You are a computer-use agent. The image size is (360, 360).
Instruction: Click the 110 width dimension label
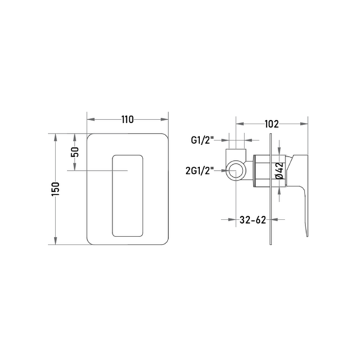click(x=128, y=120)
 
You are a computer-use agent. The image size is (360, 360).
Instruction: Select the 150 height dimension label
click(x=55, y=188)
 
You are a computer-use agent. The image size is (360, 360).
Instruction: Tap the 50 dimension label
click(x=75, y=152)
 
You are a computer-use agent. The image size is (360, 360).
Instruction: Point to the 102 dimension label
click(x=272, y=124)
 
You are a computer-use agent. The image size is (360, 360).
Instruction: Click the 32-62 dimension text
click(x=253, y=220)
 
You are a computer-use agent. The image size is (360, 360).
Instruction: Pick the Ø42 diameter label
click(x=280, y=171)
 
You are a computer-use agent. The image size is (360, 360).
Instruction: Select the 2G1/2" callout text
click(x=199, y=171)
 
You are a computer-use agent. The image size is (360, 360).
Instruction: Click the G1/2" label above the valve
click(x=202, y=140)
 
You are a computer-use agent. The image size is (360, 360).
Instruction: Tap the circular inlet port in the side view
click(x=236, y=171)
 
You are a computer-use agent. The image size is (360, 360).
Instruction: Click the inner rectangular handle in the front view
click(x=128, y=196)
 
